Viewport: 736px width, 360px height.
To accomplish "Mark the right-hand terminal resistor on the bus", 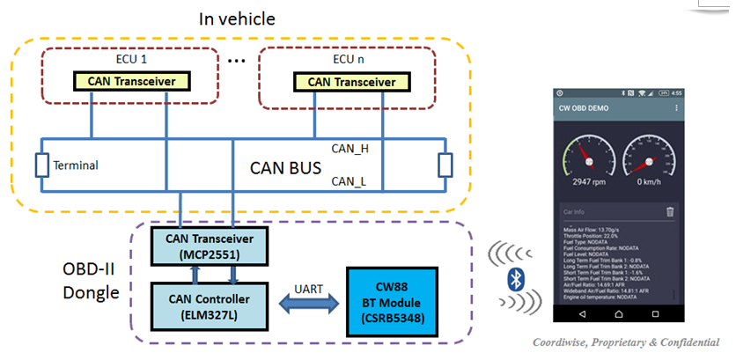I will click(445, 165).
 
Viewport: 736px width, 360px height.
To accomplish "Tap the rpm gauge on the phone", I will click(590, 165).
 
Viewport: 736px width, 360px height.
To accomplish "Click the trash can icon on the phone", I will click(669, 211).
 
